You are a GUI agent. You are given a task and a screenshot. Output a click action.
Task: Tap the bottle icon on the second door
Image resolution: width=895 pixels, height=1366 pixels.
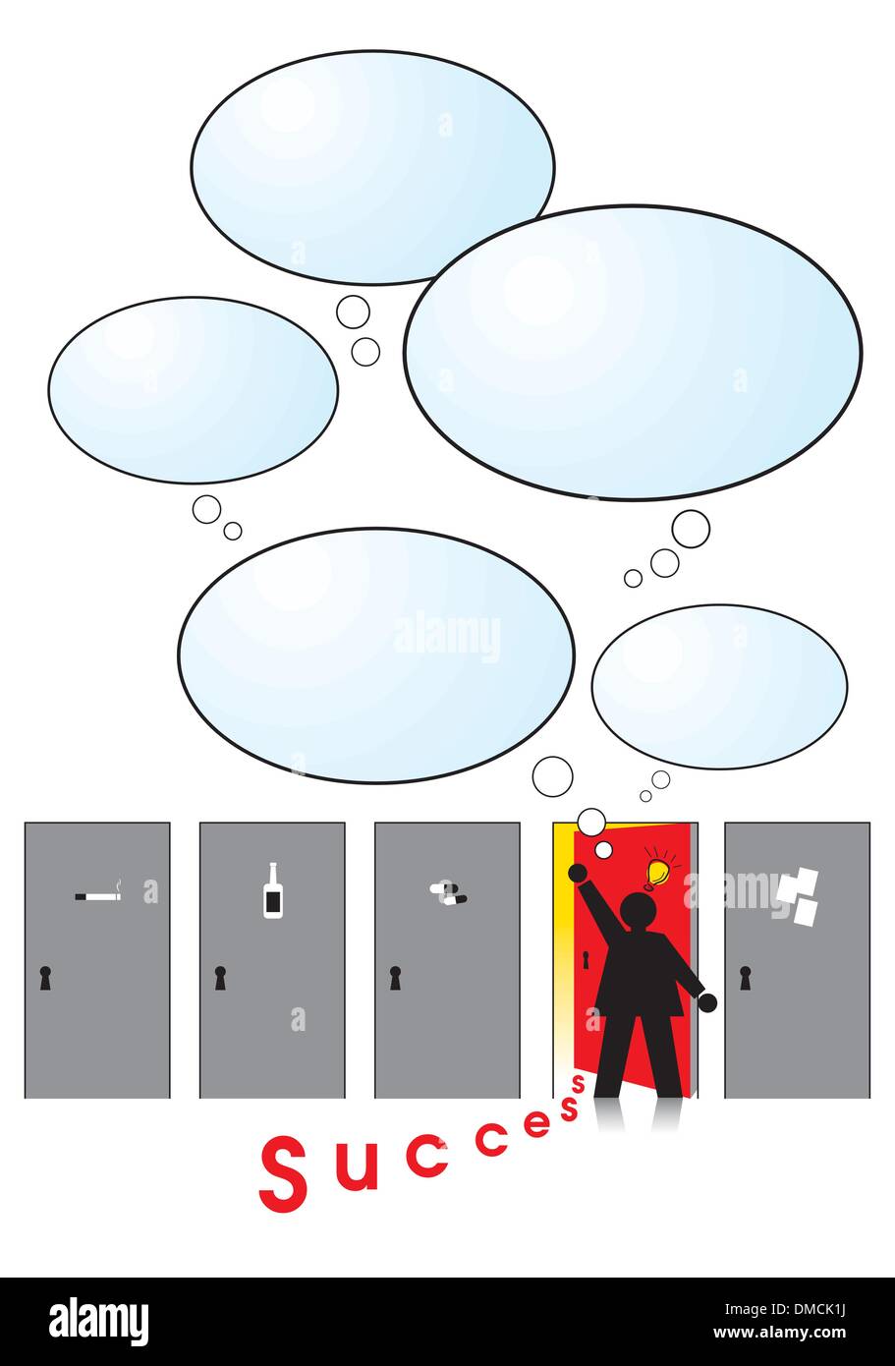pyautogui.click(x=272, y=891)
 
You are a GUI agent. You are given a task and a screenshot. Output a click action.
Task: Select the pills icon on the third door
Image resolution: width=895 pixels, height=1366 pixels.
pyautogui.click(x=448, y=892)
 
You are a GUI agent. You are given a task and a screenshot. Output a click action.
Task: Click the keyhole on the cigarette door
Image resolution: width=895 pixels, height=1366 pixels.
pyautogui.click(x=45, y=978)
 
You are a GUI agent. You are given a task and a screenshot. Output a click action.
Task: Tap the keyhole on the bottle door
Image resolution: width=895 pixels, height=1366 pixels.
pyautogui.click(x=220, y=978)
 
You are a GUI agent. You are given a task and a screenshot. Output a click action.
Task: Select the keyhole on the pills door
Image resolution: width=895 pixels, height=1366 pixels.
pyautogui.click(x=395, y=978)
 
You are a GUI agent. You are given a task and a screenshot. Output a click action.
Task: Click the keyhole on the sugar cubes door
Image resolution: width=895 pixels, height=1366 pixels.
pyautogui.click(x=745, y=978)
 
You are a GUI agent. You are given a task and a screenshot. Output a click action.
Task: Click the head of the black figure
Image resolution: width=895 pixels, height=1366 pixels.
pyautogui.click(x=639, y=912)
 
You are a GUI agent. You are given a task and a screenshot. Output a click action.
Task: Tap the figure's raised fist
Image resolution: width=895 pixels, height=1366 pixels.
pyautogui.click(x=577, y=873)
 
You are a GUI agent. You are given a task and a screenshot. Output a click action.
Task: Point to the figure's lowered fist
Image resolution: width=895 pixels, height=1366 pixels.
pyautogui.click(x=707, y=1002)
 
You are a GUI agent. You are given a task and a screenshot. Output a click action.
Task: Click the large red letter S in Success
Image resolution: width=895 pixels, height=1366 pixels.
pyautogui.click(x=283, y=1174)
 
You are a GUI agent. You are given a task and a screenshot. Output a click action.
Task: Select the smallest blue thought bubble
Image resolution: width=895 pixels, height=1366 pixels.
pyautogui.click(x=719, y=687)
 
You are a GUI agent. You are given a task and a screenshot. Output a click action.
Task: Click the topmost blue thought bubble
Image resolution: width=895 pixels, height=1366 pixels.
pyautogui.click(x=372, y=168)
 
